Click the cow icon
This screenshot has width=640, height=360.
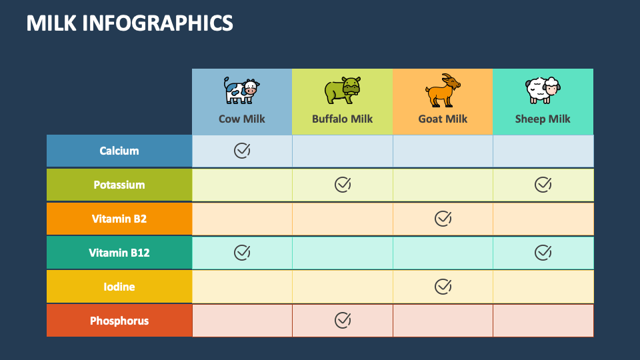[241, 91]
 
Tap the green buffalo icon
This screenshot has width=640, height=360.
[343, 90]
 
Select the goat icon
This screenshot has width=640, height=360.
[443, 91]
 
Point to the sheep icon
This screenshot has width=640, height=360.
[543, 91]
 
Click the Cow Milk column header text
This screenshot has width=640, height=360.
[241, 119]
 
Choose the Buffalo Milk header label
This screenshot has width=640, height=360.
[343, 119]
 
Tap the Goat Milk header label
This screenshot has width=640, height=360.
[443, 119]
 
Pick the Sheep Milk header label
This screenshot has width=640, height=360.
[543, 119]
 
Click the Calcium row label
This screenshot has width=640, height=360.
[119, 151]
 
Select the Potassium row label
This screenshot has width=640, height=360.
[119, 185]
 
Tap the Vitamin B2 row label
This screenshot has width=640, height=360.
[119, 219]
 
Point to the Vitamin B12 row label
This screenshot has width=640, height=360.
[119, 253]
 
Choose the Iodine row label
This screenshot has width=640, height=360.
[119, 287]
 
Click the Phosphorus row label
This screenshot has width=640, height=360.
[119, 321]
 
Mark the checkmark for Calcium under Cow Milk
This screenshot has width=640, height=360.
[242, 151]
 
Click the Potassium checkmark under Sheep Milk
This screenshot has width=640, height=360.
[543, 185]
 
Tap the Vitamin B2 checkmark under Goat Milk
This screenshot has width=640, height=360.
[443, 219]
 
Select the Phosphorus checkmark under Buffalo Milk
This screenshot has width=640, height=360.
[343, 321]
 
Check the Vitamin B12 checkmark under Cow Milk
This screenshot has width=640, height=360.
[242, 253]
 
